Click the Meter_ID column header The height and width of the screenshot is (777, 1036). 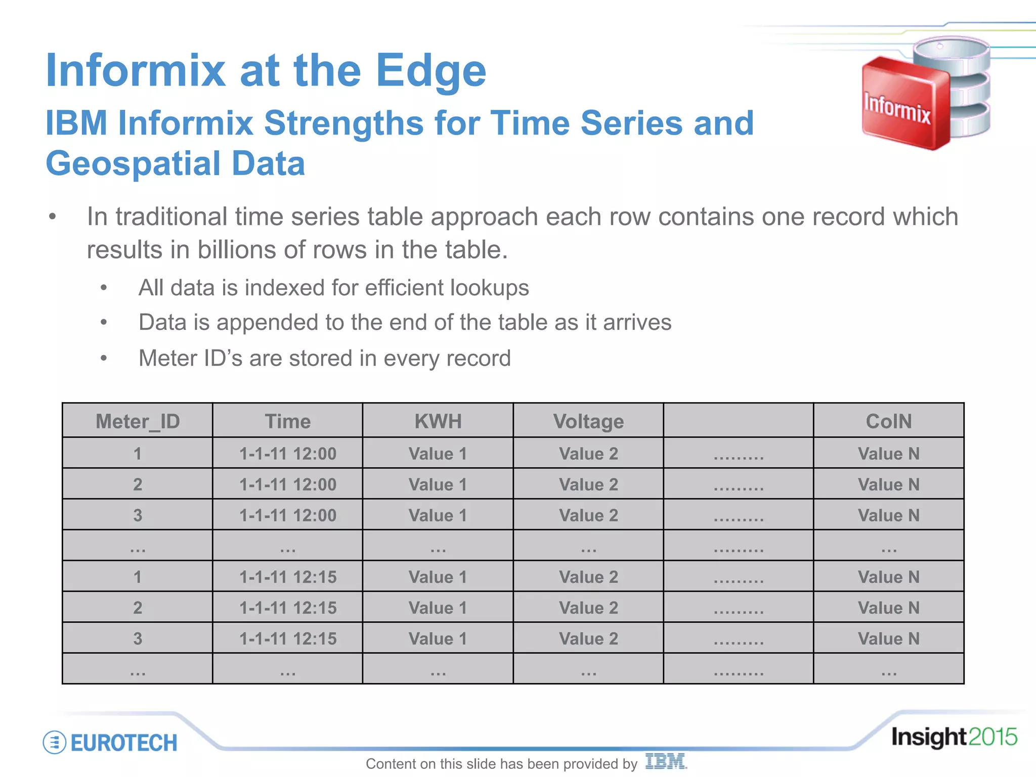[x=138, y=421]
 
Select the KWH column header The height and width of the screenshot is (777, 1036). [x=438, y=421]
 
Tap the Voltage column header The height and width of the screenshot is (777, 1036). [x=588, y=421]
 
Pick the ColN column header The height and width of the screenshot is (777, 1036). [x=889, y=421]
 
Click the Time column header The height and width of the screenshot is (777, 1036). [x=288, y=421]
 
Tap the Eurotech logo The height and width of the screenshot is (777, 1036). [x=110, y=743]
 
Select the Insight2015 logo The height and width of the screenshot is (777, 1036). [x=954, y=737]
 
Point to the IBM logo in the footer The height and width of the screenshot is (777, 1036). [x=666, y=761]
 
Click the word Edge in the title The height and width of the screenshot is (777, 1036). [x=430, y=71]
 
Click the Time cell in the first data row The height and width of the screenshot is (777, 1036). [x=288, y=454]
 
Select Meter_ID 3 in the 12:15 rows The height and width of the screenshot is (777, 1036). [x=138, y=638]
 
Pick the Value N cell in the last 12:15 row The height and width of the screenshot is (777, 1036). [x=889, y=638]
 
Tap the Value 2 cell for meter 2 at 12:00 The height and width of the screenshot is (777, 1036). [x=588, y=485]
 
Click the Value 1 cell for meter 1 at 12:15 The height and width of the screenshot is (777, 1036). [x=438, y=577]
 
